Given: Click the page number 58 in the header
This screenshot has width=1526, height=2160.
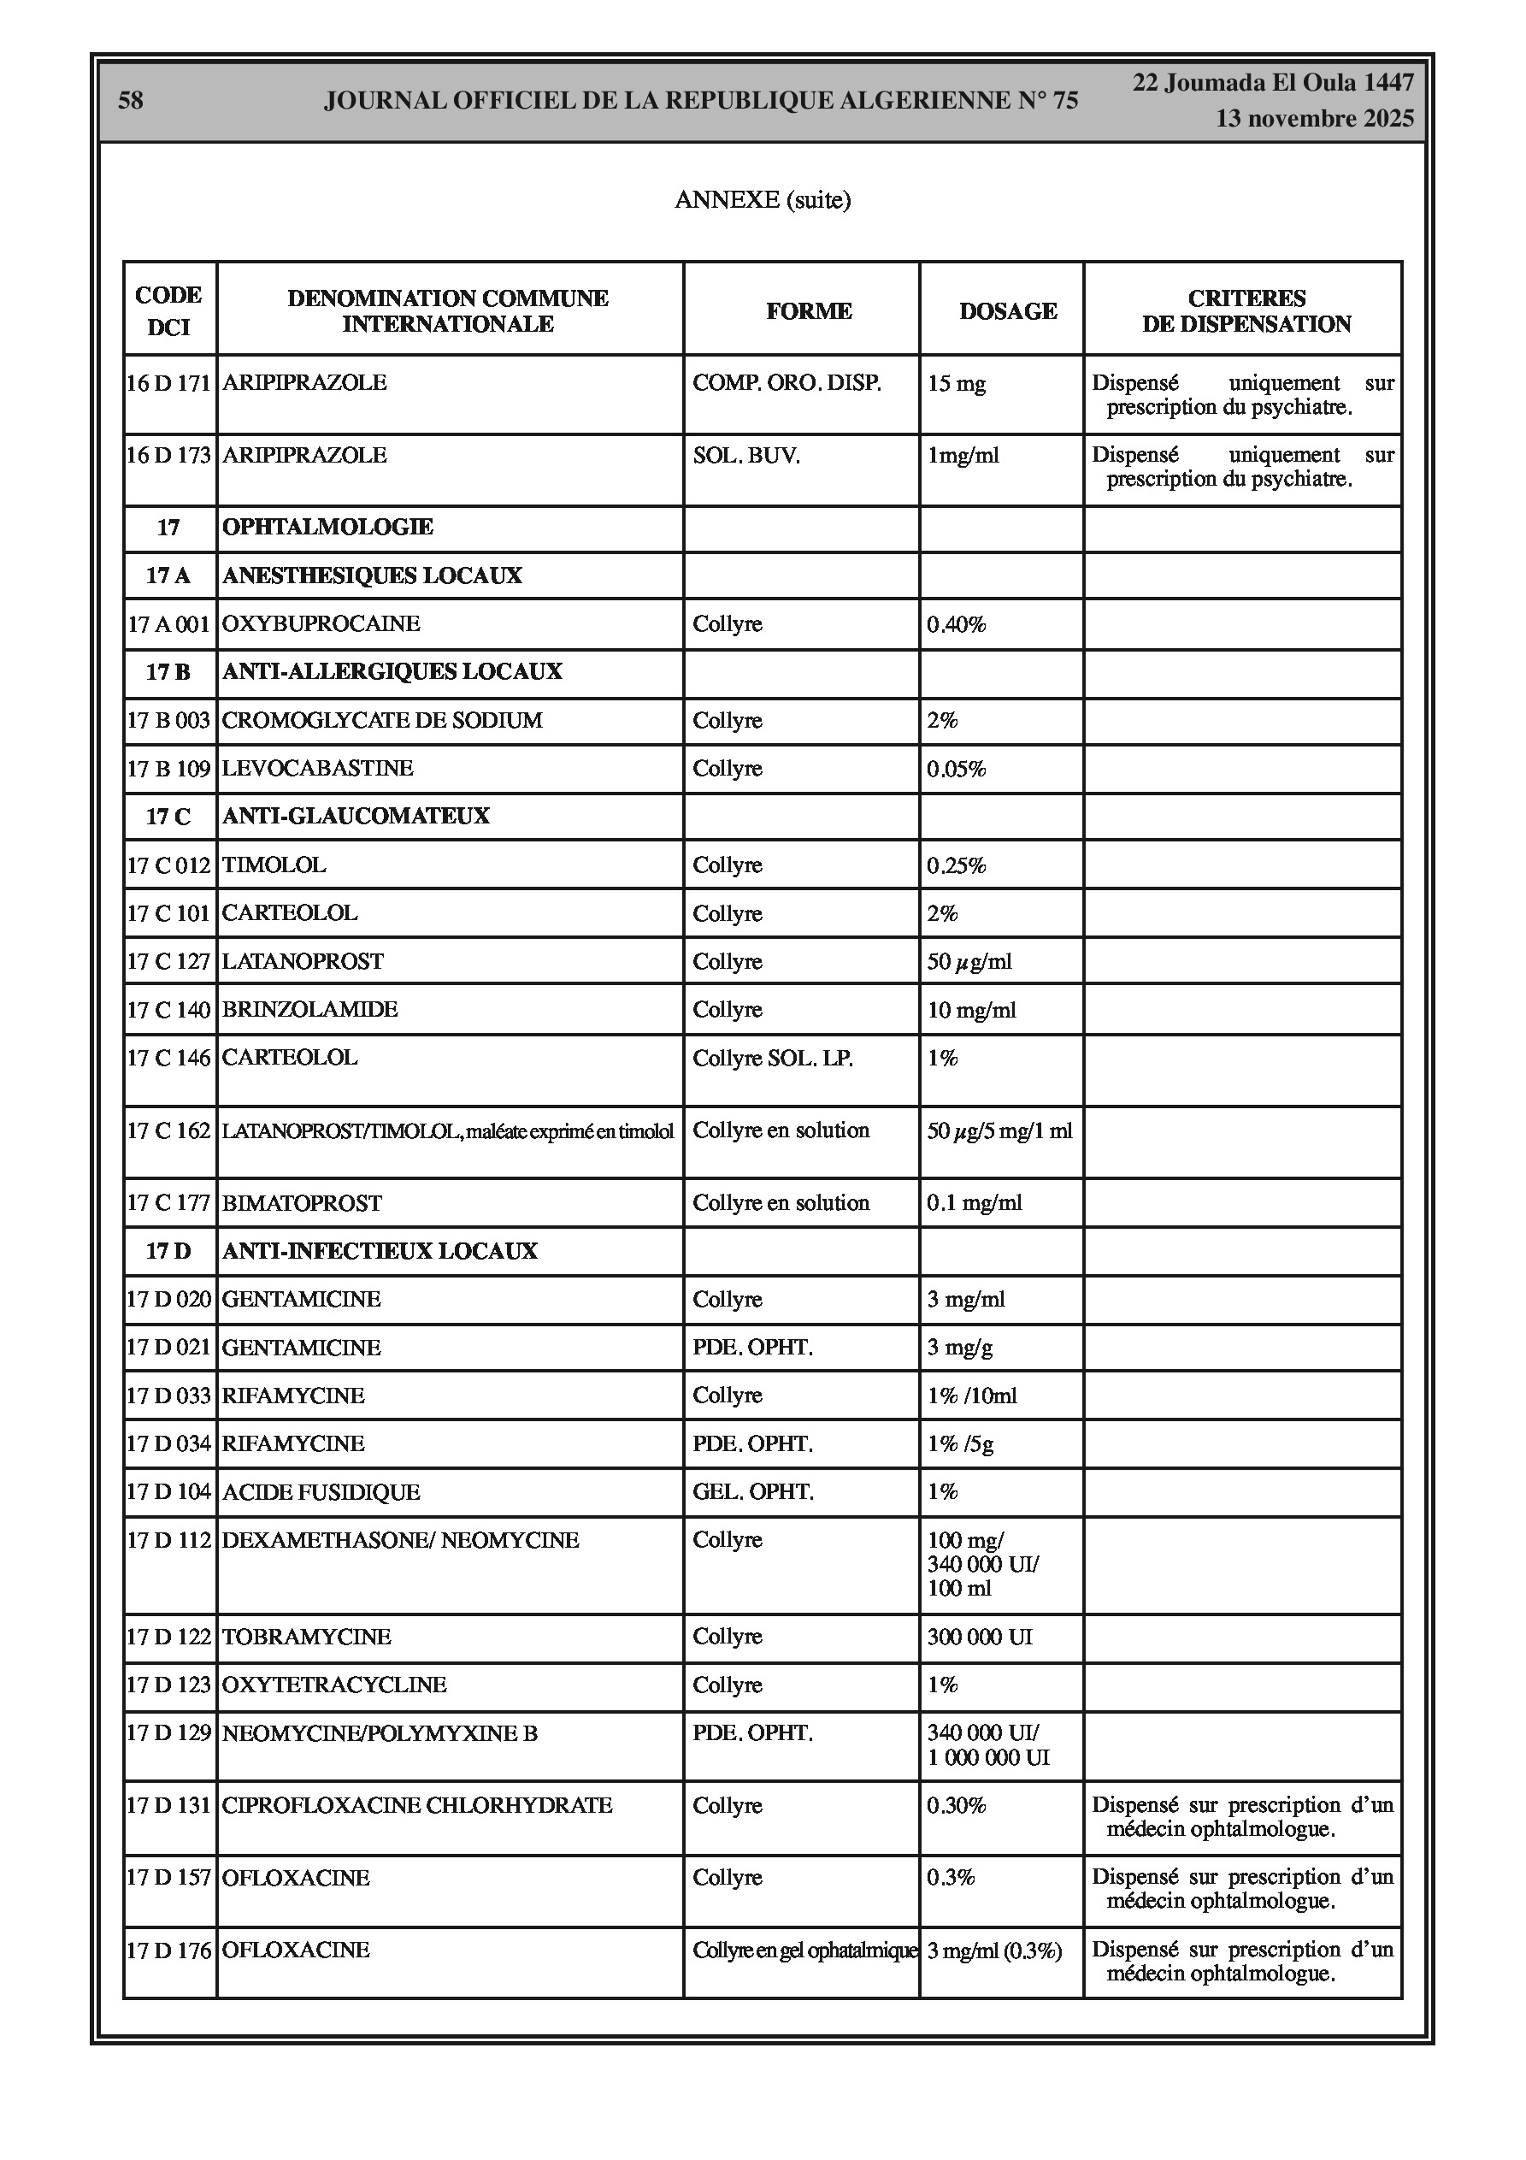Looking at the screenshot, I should click(x=131, y=101).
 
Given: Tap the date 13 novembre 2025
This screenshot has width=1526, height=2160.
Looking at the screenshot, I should click(x=1314, y=119).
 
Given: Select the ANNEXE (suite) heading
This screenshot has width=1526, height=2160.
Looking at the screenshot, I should click(x=762, y=199).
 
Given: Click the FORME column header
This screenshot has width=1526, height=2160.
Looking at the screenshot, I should click(x=808, y=311).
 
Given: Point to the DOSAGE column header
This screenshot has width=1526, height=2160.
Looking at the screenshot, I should click(x=1008, y=311).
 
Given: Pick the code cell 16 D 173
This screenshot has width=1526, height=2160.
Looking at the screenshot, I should click(x=168, y=455).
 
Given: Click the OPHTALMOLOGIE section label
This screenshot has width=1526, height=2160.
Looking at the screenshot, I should click(x=327, y=527).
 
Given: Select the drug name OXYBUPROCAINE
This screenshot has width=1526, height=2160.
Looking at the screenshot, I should click(x=321, y=623).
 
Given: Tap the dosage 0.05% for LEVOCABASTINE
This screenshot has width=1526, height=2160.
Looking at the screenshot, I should click(x=956, y=769).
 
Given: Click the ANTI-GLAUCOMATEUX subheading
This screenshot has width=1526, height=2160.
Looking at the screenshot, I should click(x=356, y=816).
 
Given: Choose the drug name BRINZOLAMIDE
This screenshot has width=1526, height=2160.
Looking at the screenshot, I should click(x=309, y=1009).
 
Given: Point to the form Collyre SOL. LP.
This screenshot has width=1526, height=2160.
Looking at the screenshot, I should click(x=773, y=1059).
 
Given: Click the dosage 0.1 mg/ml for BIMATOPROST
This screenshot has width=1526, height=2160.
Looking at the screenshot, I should click(x=974, y=1203).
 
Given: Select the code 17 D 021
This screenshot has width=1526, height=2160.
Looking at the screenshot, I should click(x=168, y=1347).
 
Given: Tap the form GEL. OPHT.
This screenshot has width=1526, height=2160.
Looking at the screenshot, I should click(x=752, y=1492).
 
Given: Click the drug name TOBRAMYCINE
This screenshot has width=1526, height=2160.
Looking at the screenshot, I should click(x=306, y=1637).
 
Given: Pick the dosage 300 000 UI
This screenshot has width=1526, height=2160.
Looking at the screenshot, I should click(x=980, y=1637).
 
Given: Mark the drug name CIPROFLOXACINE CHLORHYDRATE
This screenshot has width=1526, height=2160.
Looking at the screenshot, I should click(x=417, y=1805).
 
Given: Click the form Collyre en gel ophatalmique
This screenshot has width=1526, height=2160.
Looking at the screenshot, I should click(x=804, y=1950).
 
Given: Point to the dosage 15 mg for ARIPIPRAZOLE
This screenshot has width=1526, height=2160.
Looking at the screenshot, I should click(x=956, y=384).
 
